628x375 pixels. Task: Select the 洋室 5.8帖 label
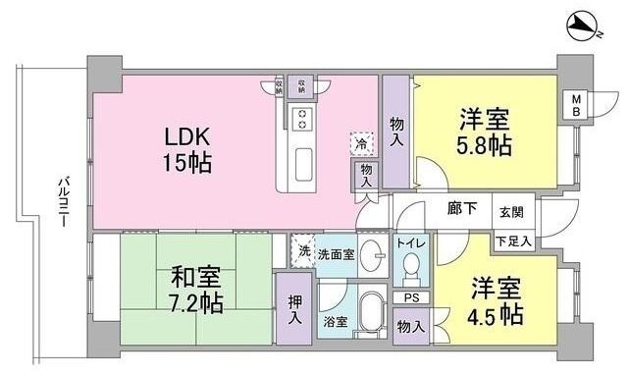click(x=485, y=135)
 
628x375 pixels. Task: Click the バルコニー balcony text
click(x=61, y=202)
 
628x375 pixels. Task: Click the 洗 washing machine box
click(x=303, y=250)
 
